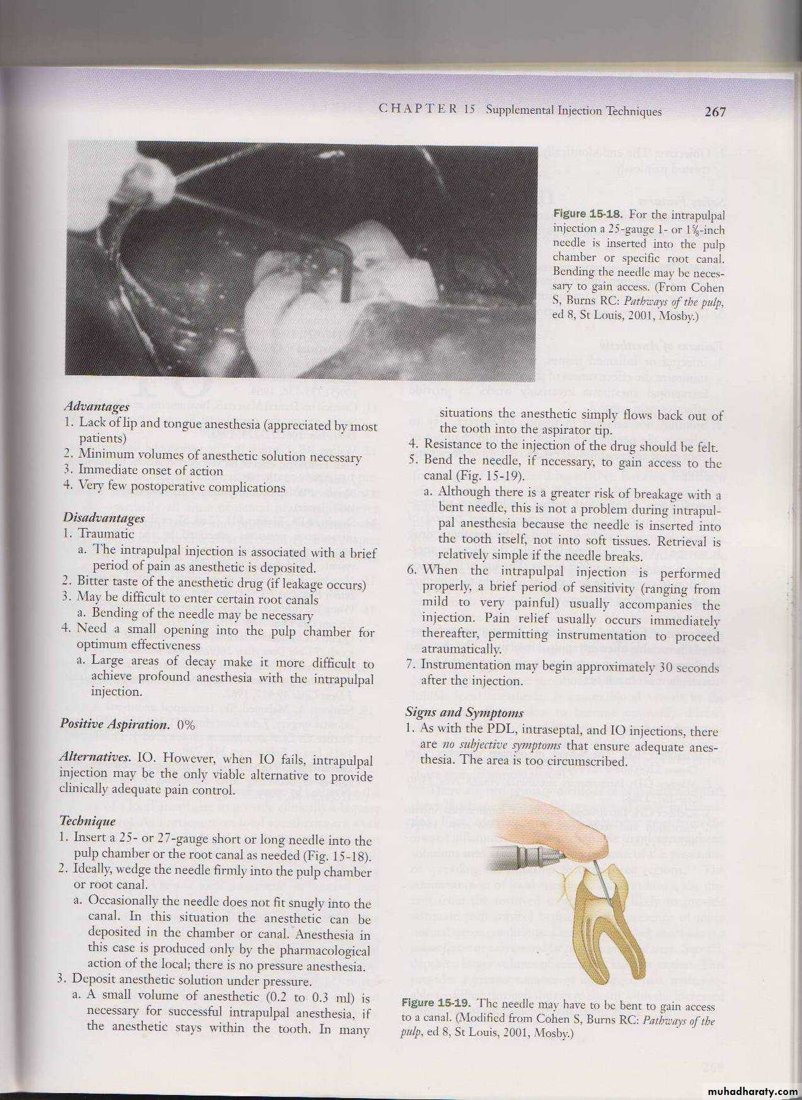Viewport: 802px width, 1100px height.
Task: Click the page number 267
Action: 715,111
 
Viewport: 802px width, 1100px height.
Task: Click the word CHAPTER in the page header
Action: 418,110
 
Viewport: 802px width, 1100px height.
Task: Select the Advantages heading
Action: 97,407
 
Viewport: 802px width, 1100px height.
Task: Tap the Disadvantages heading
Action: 104,518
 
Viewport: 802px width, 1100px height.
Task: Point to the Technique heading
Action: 87,821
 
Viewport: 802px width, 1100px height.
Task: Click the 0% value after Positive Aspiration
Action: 187,724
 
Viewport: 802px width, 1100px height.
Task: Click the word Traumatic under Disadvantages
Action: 106,534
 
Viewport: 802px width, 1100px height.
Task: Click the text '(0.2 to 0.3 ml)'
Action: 309,996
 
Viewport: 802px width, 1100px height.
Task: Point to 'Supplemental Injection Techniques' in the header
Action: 574,111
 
